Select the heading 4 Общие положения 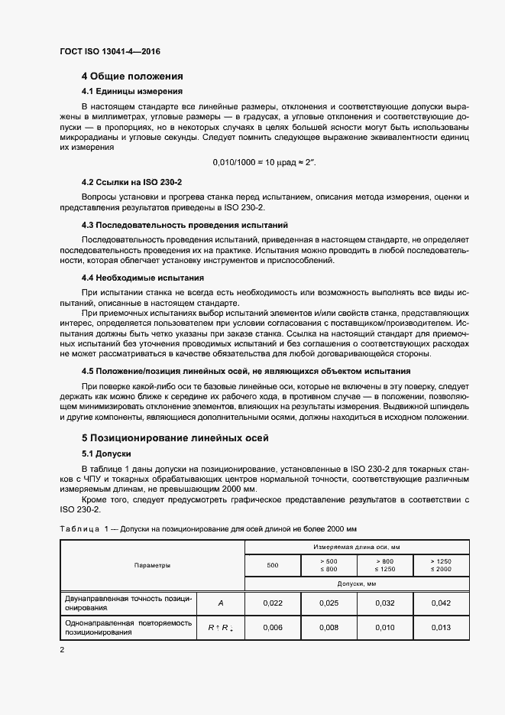tap(132, 76)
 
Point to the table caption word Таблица tap(79, 529)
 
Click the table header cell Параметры tap(152, 565)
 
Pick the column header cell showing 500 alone tap(273, 566)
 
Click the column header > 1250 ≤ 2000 tap(441, 566)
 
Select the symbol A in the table tap(221, 603)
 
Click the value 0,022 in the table tap(273, 603)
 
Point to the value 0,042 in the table tap(441, 603)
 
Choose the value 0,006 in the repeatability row tap(273, 628)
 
